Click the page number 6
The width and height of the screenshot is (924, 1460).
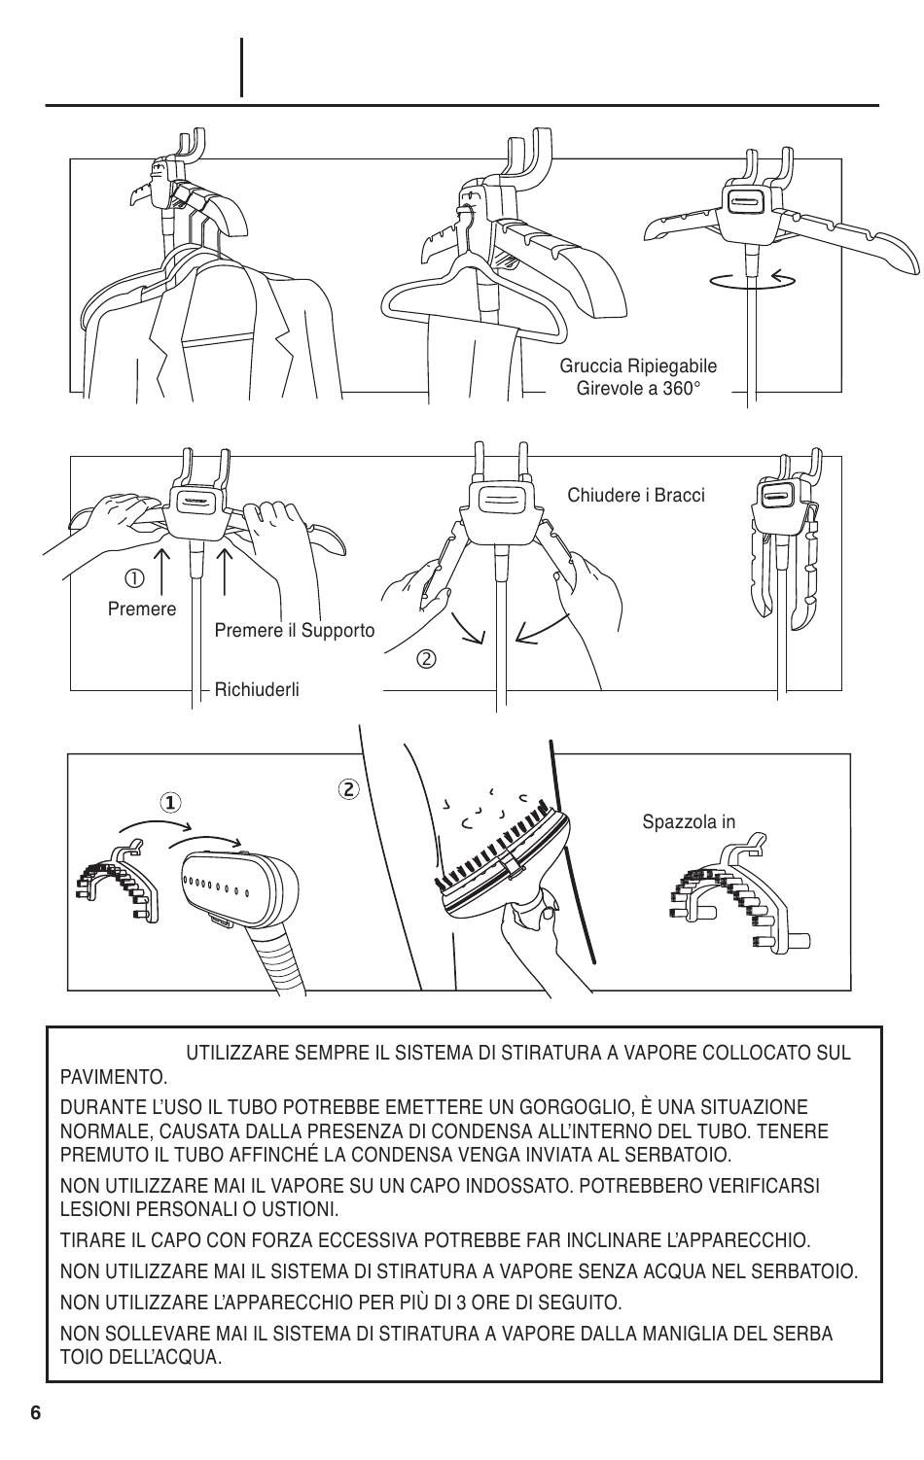point(36,1412)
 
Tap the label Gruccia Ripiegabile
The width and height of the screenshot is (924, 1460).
point(638,365)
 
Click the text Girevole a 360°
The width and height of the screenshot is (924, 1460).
point(638,388)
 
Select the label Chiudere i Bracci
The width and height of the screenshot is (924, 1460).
point(636,495)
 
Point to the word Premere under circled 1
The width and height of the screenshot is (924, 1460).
point(142,609)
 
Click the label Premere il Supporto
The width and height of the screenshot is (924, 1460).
point(294,630)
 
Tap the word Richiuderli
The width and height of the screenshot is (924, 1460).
point(257,689)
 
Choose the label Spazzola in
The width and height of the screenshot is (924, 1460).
point(689,821)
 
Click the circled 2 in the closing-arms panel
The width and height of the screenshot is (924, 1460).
point(426,659)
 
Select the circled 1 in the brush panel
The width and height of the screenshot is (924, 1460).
point(170,802)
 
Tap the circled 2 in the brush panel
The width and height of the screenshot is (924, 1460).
point(348,788)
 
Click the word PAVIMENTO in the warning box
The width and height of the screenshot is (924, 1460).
point(113,1077)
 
